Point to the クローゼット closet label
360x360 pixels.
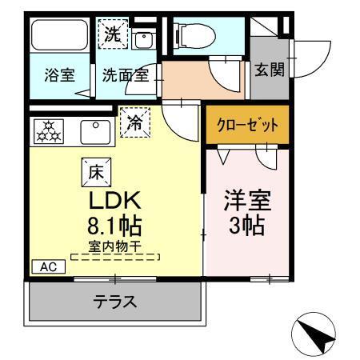[246, 125]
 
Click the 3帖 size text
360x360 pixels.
[245, 226]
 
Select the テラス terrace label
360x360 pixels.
[114, 302]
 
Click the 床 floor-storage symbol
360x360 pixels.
[95, 170]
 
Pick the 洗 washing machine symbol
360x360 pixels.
[112, 33]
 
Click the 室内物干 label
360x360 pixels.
[114, 247]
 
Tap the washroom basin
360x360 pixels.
[144, 40]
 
